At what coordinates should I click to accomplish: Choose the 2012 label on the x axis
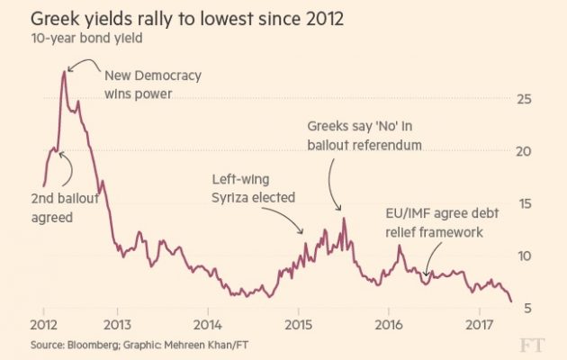44,324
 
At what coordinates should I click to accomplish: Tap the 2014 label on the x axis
207,324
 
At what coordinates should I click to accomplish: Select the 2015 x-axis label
298,324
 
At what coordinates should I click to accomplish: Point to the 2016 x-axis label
389,324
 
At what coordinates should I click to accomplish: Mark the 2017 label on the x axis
480,324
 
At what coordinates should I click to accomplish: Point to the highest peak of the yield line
63,70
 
